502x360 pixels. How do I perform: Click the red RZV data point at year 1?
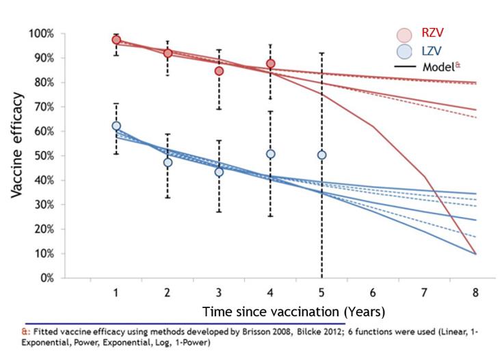[x=116, y=40]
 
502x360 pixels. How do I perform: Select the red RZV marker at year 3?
[x=219, y=70]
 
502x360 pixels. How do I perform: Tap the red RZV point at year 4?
[x=271, y=64]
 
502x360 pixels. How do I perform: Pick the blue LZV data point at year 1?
[x=116, y=126]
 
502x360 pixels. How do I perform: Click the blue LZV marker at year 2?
[x=168, y=162]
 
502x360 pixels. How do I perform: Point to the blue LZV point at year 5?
[x=321, y=155]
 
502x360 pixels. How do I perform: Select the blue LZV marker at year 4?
[x=271, y=154]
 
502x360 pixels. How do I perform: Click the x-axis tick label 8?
[x=475, y=293]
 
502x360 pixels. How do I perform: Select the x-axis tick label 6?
[x=373, y=293]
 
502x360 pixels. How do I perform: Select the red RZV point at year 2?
[x=168, y=53]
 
